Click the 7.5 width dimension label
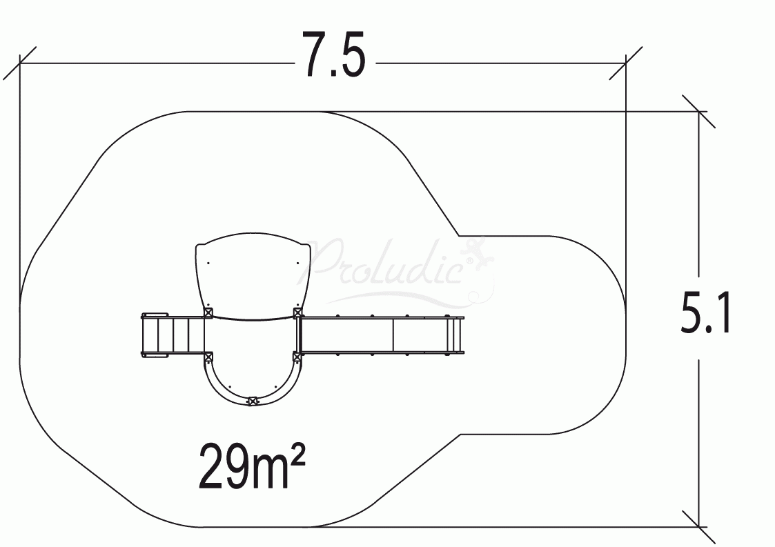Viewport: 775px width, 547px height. click(x=334, y=54)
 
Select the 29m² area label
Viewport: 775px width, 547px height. click(x=252, y=466)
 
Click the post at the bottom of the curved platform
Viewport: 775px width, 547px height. click(x=253, y=401)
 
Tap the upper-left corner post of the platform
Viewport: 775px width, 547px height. click(x=208, y=312)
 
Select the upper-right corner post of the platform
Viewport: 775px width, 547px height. click(x=297, y=312)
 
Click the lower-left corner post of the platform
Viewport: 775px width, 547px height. click(x=208, y=356)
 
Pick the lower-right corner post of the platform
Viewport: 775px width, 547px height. click(x=297, y=356)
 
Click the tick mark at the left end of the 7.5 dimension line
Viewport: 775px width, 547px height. click(x=20, y=63)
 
